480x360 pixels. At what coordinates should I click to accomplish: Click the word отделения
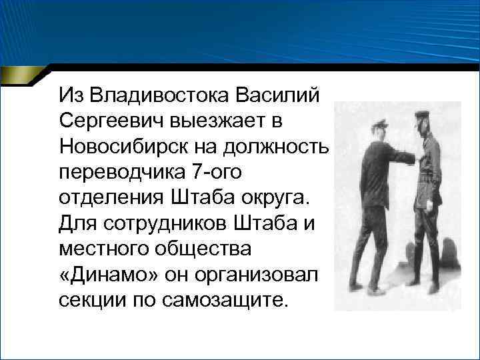click(107, 197)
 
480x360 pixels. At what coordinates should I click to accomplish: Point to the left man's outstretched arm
click(400, 157)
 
